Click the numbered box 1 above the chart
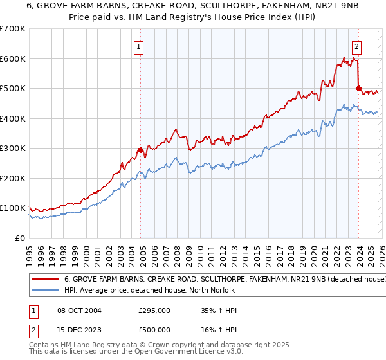[139, 46]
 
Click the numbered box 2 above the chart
[356, 46]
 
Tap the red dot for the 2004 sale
[140, 150]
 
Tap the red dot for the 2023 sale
[358, 88]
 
